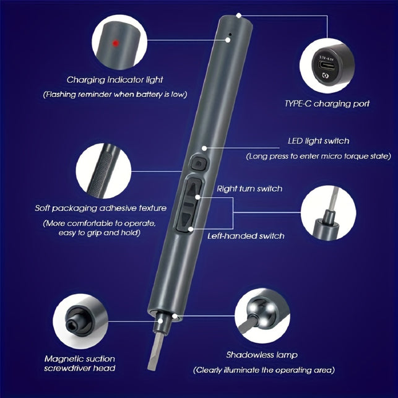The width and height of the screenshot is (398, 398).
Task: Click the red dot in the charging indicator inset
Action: pyautogui.click(x=116, y=43)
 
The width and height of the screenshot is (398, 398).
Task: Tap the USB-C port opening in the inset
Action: pyautogui.click(x=327, y=66)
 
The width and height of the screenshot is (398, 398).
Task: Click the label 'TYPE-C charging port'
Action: pyautogui.click(x=327, y=103)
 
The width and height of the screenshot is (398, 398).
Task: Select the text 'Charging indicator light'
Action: pyautogui.click(x=115, y=80)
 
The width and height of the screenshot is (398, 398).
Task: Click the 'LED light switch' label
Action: pyautogui.click(x=318, y=141)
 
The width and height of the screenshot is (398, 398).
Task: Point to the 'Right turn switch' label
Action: pyautogui.click(x=249, y=189)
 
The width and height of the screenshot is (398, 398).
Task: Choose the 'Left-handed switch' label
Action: pyautogui.click(x=246, y=236)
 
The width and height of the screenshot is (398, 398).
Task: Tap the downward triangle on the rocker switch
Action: pyautogui.click(x=186, y=218)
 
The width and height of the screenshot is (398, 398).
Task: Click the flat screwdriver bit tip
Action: pyautogui.click(x=152, y=367)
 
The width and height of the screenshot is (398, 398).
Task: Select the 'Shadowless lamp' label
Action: pyautogui.click(x=262, y=355)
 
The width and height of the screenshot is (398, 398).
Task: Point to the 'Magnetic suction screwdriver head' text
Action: pyautogui.click(x=80, y=363)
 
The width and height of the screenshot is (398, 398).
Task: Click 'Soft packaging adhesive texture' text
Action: pyautogui.click(x=101, y=208)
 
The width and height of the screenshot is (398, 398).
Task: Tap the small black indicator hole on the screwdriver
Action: pyautogui.click(x=230, y=34)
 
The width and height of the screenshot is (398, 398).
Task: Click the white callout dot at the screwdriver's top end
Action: pyautogui.click(x=238, y=15)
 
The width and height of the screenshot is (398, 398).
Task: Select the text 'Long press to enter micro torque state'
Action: pyautogui.click(x=318, y=156)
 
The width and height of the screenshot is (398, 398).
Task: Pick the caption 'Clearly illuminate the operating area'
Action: pyautogui.click(x=264, y=370)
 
